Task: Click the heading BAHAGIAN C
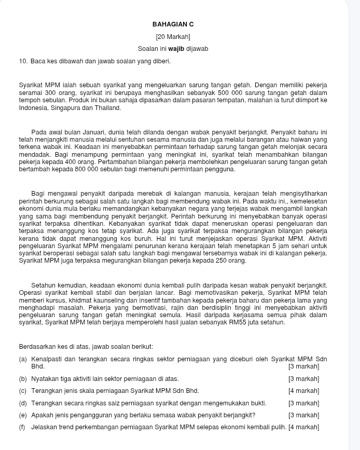coord(173,24)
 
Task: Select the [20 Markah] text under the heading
coord(173,37)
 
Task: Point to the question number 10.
coord(23,62)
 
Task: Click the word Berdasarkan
coord(37,347)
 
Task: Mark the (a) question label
coord(23,359)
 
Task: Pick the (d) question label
coord(23,403)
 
